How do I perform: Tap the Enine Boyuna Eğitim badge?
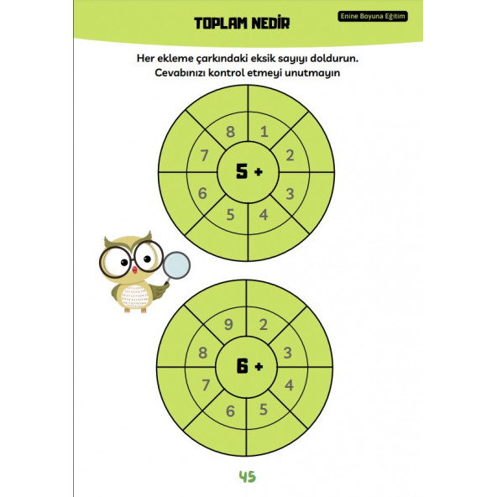373,16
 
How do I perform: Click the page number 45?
247,476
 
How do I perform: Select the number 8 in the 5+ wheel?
230,132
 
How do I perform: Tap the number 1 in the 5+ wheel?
264,131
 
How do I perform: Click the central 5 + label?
249,171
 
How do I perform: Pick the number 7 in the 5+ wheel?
204,155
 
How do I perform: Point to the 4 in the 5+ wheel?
264,215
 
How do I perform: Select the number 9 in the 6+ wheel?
228,325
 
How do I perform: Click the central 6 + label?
250,366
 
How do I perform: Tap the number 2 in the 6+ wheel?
263,325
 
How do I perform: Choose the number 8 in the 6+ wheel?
203,353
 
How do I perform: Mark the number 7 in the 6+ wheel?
206,385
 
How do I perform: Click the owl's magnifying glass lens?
176,265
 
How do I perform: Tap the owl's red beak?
134,269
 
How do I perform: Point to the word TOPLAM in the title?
220,24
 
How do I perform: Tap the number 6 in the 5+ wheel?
202,193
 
